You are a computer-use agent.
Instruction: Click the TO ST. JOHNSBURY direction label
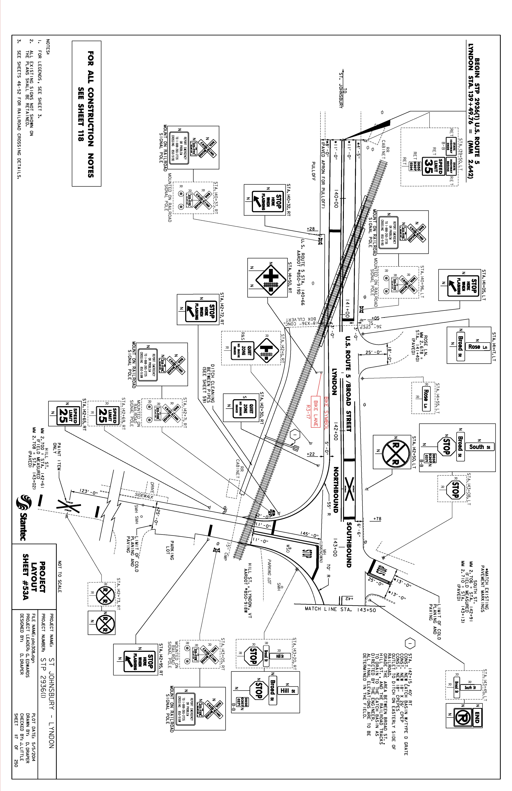point(342,90)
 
